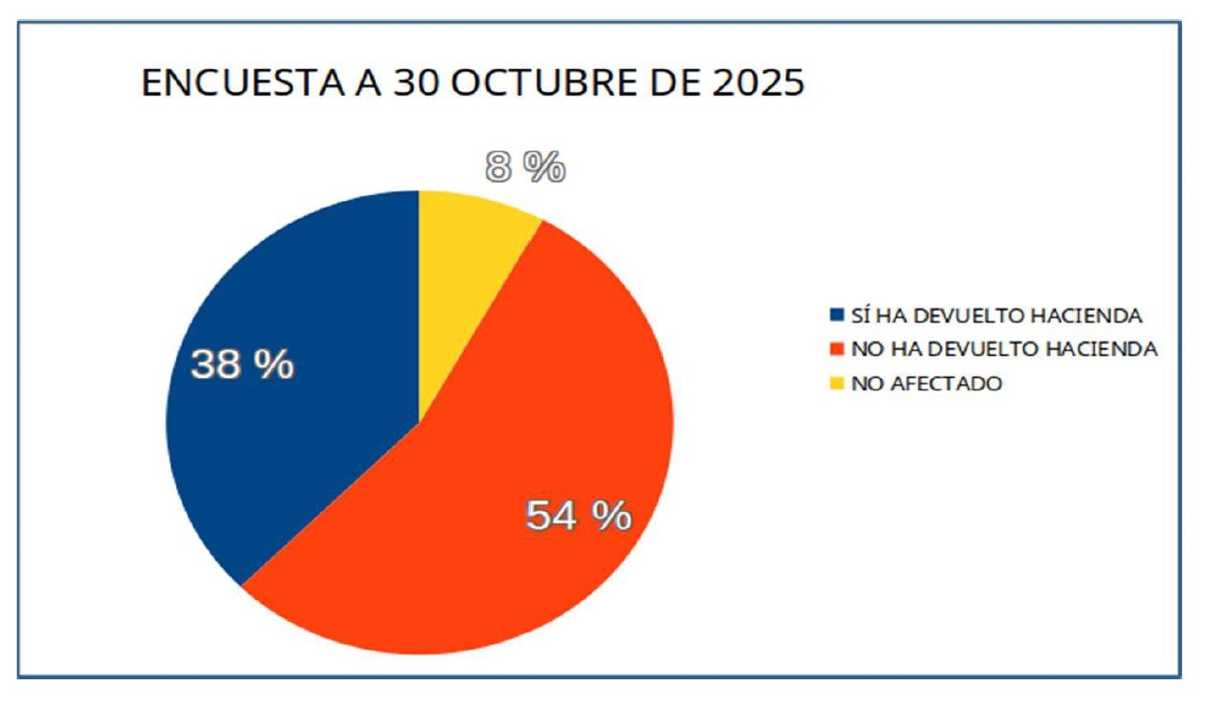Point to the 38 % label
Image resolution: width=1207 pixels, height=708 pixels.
[242, 365]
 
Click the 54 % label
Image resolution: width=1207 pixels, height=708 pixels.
[579, 516]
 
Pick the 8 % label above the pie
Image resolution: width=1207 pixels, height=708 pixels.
[525, 168]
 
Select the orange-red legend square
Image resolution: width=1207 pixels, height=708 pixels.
[838, 349]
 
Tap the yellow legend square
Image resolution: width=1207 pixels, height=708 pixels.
[838, 384]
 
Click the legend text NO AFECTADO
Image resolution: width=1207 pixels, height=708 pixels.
[926, 384]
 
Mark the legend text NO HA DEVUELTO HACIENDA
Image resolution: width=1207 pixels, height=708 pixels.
[1004, 349]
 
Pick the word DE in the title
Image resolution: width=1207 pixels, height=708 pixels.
[668, 83]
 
